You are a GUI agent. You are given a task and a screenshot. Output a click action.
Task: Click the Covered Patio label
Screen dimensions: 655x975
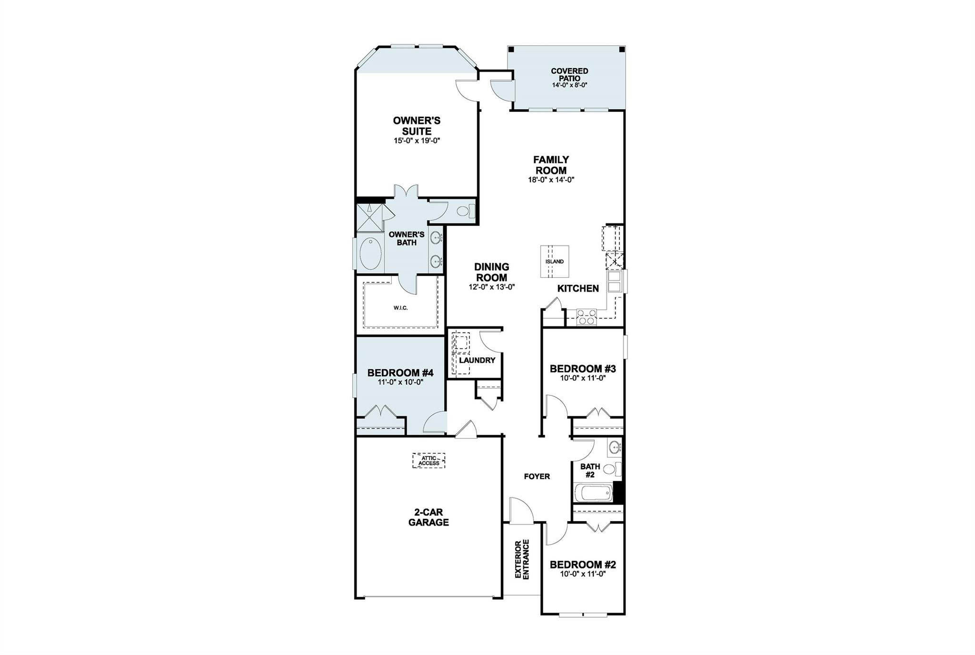pos(569,74)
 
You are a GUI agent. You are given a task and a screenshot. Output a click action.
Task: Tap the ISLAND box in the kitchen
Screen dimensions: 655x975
pos(555,261)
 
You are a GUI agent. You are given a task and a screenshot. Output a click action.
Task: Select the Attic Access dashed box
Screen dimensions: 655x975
pos(429,461)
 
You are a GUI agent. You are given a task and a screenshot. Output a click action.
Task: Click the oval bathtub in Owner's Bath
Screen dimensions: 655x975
pos(370,254)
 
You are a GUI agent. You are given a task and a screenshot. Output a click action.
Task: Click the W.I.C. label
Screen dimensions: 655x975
pos(400,308)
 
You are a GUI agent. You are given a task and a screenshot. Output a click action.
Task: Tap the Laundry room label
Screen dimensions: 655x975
pos(477,360)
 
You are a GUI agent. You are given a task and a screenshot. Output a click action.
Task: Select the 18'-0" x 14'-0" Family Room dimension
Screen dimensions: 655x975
pos(551,180)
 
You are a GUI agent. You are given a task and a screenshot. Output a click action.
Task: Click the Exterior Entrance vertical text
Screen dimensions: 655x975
pos(522,559)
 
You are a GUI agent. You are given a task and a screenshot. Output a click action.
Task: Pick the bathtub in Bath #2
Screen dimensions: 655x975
pos(593,493)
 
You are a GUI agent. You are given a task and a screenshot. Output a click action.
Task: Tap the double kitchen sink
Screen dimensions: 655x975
pos(614,281)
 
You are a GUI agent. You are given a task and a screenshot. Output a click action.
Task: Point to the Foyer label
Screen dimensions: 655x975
pos(537,476)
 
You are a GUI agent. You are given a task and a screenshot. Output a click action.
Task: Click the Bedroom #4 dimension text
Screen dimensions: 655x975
pos(400,382)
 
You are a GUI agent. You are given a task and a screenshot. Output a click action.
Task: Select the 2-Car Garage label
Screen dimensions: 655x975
pos(428,517)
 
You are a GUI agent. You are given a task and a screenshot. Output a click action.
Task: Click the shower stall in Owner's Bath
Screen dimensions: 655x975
pos(370,217)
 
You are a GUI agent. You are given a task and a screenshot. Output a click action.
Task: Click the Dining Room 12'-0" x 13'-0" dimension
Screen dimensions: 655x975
pos(491,287)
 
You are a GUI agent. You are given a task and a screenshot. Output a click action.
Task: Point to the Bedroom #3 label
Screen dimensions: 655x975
pos(583,369)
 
